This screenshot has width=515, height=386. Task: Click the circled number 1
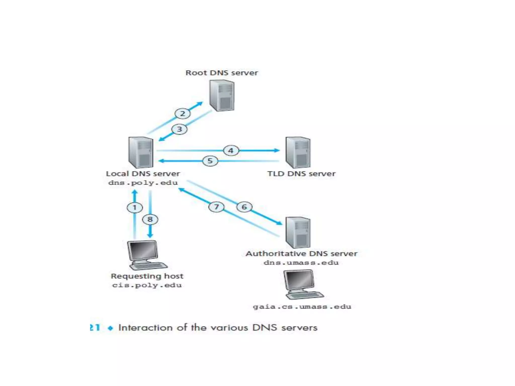[135, 208]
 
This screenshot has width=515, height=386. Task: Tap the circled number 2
[183, 114]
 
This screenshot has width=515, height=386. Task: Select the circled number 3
[180, 129]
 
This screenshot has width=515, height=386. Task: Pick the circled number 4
[231, 151]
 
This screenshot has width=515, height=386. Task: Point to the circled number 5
[210, 161]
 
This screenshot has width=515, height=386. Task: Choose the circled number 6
[244, 207]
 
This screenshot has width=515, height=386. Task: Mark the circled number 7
[216, 207]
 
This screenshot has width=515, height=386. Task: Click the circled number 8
[150, 219]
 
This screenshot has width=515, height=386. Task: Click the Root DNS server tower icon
[222, 96]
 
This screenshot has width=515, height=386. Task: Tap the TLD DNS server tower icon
[298, 153]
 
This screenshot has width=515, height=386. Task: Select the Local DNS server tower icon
[141, 153]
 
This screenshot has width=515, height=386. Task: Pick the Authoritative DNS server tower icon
[298, 232]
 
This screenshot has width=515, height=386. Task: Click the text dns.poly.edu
[143, 183]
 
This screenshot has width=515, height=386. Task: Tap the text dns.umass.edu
[301, 263]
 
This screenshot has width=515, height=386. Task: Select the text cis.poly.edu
[147, 285]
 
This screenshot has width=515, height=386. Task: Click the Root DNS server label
[222, 73]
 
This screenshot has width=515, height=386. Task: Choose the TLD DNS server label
[301, 174]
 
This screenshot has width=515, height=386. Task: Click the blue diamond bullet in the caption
[110, 328]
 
